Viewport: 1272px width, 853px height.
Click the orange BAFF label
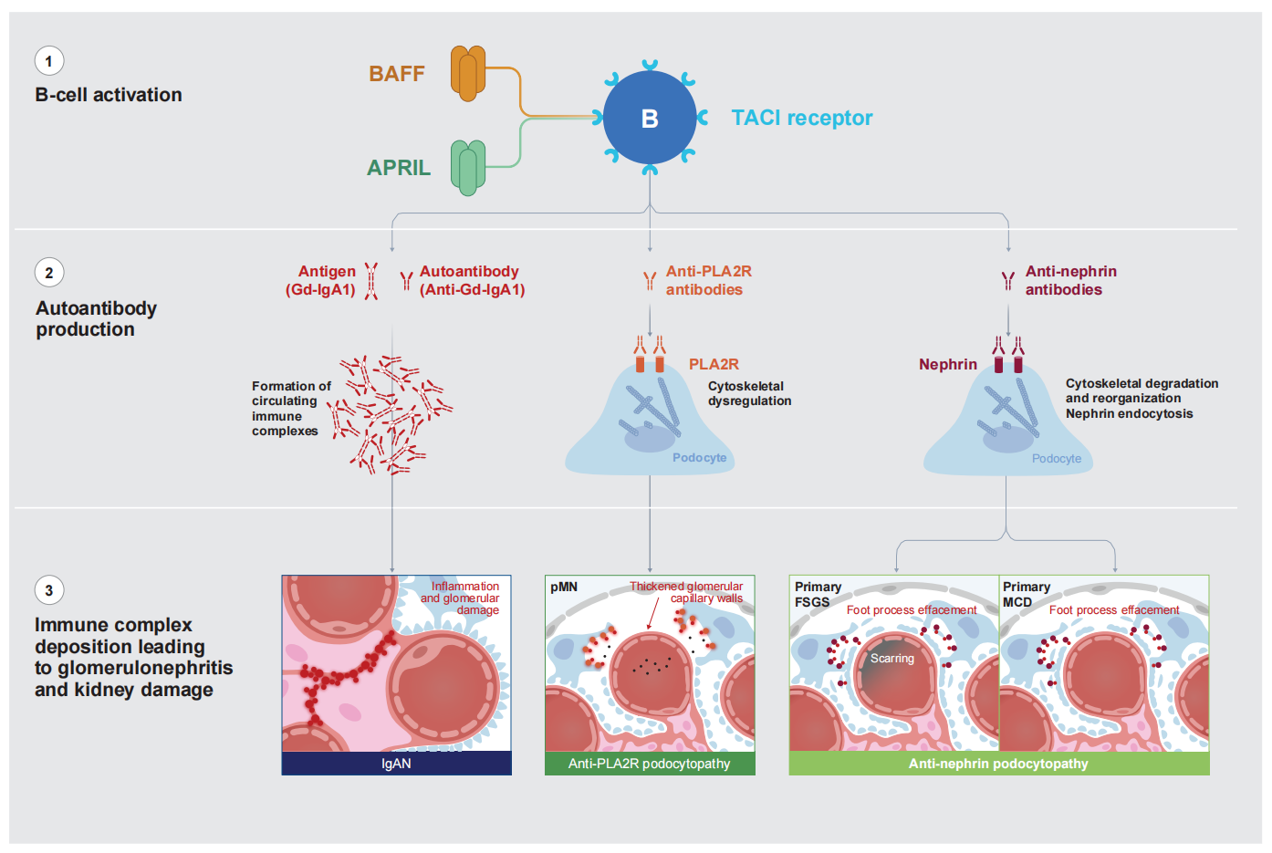(x=397, y=74)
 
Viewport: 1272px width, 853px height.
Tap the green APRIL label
(x=399, y=168)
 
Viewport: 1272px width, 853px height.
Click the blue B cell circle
(x=650, y=119)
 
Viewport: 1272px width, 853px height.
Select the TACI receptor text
(x=801, y=118)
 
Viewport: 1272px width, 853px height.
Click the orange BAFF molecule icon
(x=467, y=73)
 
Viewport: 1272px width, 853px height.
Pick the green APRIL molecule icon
(x=468, y=167)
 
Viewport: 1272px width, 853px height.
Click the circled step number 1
(x=49, y=61)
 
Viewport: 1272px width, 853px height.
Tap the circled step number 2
(x=49, y=273)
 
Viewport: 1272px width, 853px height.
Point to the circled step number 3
(x=49, y=590)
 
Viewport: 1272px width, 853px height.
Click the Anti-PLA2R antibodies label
(x=708, y=280)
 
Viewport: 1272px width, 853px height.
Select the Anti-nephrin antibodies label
(x=1069, y=280)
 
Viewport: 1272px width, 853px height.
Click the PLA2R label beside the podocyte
(x=714, y=364)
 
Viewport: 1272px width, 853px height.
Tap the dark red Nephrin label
(x=948, y=364)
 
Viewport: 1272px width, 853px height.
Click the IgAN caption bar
(x=396, y=764)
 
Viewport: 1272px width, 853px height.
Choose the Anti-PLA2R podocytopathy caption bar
(x=650, y=764)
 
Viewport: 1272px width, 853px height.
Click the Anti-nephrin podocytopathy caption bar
(x=998, y=764)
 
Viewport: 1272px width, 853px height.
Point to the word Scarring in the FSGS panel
(x=891, y=658)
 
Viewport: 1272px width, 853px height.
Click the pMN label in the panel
(x=564, y=587)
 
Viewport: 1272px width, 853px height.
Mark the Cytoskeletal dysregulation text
(x=749, y=393)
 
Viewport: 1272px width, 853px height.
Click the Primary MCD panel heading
(x=1026, y=594)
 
